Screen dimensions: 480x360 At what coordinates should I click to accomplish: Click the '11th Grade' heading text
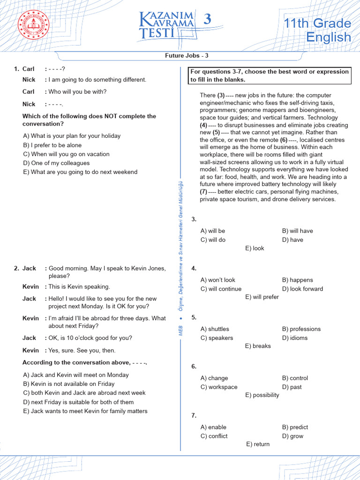pos(317,23)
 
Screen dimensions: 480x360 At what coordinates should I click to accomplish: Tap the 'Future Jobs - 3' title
pos(187,55)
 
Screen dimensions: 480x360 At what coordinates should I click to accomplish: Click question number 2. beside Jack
pos(16,269)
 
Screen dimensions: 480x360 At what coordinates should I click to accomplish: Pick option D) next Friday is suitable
pos(78,402)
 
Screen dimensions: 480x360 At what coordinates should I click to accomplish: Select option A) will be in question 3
pos(213,231)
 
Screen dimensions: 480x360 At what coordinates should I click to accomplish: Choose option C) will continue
pos(221,289)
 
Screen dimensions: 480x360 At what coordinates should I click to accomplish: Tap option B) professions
pos(301,329)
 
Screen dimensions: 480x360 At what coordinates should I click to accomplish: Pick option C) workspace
pos(219,387)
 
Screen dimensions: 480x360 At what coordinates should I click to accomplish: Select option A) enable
pos(213,427)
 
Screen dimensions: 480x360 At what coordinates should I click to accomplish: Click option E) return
pos(258,444)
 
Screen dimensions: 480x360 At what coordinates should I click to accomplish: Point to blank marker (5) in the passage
pos(217,133)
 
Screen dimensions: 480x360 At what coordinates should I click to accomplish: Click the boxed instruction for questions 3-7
pos(270,75)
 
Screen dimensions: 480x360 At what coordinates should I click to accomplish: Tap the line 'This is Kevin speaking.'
pos(79,287)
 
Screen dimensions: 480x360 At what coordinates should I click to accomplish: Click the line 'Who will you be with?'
pos(77,92)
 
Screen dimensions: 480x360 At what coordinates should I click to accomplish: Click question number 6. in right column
pos(194,367)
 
